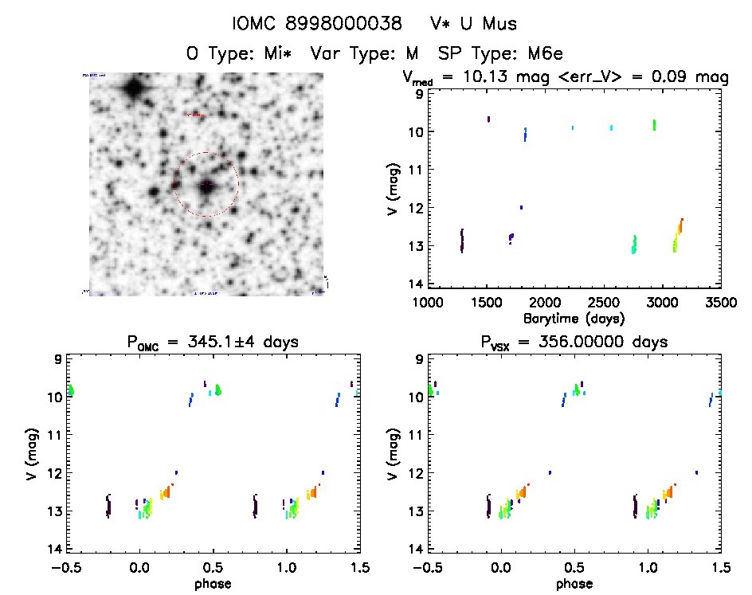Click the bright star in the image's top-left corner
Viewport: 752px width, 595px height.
(x=133, y=86)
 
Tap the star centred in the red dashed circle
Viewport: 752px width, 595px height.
(x=207, y=186)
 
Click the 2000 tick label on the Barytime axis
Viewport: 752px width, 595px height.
(x=545, y=303)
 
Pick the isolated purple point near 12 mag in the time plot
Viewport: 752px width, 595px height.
(x=521, y=207)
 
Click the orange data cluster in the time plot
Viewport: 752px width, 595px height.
(x=680, y=226)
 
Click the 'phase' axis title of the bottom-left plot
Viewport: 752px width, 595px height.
(x=213, y=583)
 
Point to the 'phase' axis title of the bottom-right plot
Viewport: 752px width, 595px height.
(x=574, y=583)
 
